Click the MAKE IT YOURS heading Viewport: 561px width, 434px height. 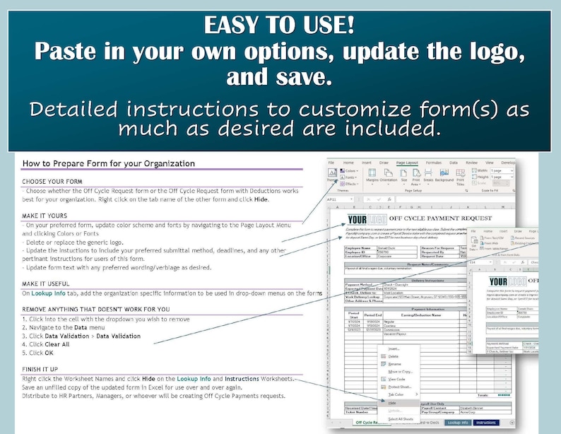pos(45,216)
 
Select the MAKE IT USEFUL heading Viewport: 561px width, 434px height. pos(47,283)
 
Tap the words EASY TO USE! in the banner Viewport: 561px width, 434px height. pos(280,25)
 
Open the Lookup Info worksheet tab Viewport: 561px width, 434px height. pos(459,422)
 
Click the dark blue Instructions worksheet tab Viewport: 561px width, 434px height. pos(487,422)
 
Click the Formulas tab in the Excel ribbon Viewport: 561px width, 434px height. pos(433,162)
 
